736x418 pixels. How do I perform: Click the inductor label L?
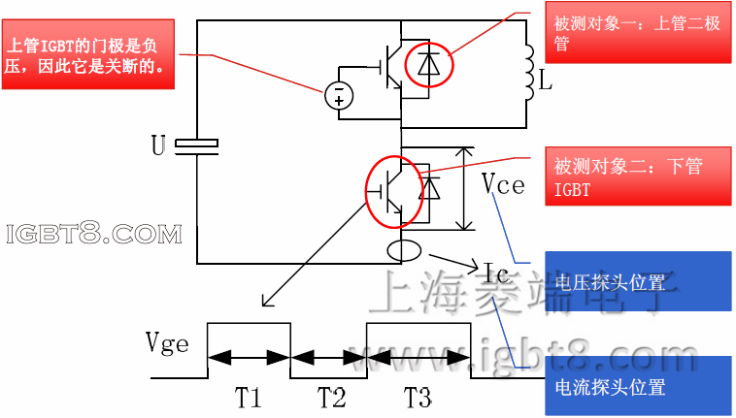click(x=546, y=83)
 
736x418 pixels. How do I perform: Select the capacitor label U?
click(x=158, y=146)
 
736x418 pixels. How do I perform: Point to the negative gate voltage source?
click(x=338, y=94)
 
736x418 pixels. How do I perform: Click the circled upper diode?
click(x=426, y=63)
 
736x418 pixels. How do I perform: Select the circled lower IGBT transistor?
click(x=394, y=189)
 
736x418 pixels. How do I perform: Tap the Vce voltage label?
click(x=503, y=185)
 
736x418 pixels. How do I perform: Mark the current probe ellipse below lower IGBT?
click(x=405, y=251)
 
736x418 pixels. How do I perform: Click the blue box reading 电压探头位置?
click(x=637, y=282)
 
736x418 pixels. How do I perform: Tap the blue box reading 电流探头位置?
click(x=637, y=386)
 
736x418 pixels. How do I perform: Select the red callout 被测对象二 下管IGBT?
click(x=636, y=178)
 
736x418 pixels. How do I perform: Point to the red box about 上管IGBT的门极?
click(x=87, y=56)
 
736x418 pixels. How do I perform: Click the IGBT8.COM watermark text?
click(x=94, y=234)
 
